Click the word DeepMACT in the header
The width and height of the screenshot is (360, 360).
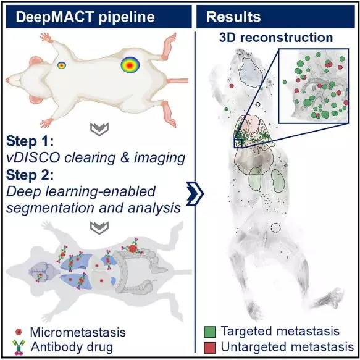pyautogui.click(x=55, y=17)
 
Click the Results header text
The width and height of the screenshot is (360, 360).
pyautogui.click(x=233, y=17)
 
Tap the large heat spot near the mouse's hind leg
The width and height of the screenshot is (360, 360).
pyautogui.click(x=130, y=65)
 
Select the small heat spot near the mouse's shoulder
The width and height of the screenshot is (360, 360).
pyautogui.click(x=62, y=65)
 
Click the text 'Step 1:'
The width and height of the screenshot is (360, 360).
pyautogui.click(x=30, y=141)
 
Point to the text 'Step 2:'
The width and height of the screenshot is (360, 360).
pyautogui.click(x=30, y=175)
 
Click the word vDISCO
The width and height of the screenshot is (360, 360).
pyautogui.click(x=33, y=157)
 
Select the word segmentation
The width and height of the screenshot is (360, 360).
pyautogui.click(x=50, y=207)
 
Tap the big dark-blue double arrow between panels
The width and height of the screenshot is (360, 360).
pyautogui.click(x=195, y=193)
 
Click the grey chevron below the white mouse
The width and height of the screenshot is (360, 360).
pyautogui.click(x=99, y=129)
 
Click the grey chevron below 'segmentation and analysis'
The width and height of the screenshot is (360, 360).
pyautogui.click(x=99, y=227)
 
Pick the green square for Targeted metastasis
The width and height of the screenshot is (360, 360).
pyautogui.click(x=210, y=332)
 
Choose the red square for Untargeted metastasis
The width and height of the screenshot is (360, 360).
pyautogui.click(x=210, y=348)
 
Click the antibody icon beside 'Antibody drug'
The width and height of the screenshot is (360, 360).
pyautogui.click(x=19, y=348)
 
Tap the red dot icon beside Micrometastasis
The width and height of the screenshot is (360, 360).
pyautogui.click(x=19, y=332)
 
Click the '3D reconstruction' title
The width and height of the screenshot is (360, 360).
pyautogui.click(x=276, y=38)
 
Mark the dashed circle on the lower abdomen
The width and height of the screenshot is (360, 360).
pyautogui.click(x=275, y=228)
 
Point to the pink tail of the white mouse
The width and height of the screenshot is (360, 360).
pyautogui.click(x=177, y=81)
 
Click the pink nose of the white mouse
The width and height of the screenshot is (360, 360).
pyautogui.click(x=7, y=80)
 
